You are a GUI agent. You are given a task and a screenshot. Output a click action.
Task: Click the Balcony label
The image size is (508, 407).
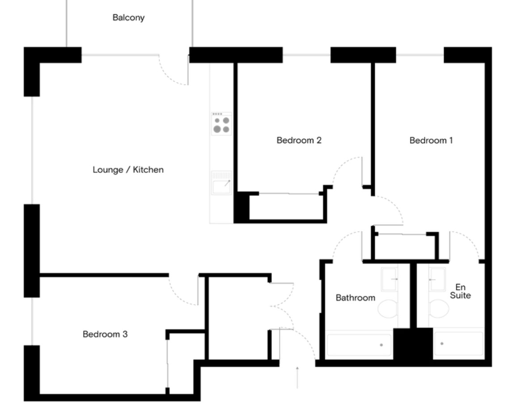coord(128,17)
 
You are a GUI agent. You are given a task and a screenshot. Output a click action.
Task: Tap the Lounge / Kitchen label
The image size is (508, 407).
coord(128,170)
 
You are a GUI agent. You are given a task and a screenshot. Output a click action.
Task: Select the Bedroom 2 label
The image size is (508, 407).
coord(299,140)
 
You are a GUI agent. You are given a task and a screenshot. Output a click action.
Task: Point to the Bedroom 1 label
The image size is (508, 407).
coord(431,140)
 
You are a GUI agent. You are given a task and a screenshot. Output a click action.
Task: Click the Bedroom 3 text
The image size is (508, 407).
coord(105,334)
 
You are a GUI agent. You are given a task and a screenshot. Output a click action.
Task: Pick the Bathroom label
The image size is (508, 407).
coord(356,298)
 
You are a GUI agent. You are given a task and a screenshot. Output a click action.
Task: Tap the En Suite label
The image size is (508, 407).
coord(460,291)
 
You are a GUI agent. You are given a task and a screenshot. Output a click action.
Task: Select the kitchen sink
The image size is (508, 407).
coord(222,183)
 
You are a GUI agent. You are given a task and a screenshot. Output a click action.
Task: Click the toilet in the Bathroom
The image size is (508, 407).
coord(388,309)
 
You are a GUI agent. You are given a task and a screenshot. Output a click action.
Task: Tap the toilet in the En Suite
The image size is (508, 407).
coord(439,309)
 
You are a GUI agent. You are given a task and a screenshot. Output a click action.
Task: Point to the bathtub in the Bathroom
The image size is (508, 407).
coord(359,345)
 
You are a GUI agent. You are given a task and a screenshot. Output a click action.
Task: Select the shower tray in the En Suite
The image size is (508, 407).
coord(458,344)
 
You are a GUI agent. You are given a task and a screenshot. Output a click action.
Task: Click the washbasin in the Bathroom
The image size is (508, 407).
coord(389,279)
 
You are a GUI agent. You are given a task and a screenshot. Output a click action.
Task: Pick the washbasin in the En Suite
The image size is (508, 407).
coord(437,279)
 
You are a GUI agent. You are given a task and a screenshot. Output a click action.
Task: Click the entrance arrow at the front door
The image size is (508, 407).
coord(297,377)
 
